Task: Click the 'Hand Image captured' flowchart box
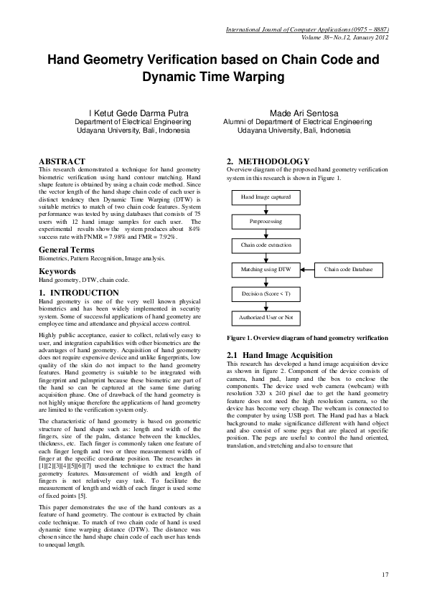pos(266,197)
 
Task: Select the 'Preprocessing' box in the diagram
pos(266,222)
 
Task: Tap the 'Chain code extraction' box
pos(266,245)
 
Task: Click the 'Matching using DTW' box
pos(266,270)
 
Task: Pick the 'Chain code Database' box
pos(348,270)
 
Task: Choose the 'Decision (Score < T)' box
pos(266,294)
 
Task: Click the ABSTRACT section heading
pos(62,161)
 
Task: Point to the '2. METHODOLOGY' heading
pos(268,161)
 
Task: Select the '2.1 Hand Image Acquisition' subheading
pos(279,355)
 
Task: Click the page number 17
pos(385,574)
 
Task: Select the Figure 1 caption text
pos(307,337)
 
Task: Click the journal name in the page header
pos(307,30)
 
